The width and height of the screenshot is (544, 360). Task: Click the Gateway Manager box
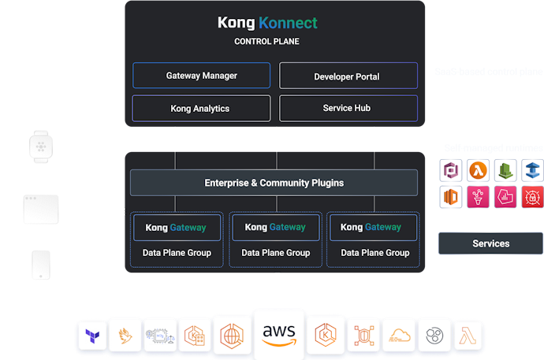coord(201,76)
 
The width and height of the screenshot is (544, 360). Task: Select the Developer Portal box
coord(346,76)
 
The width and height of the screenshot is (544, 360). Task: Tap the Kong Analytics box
coord(200,108)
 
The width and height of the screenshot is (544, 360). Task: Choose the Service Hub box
coord(346,108)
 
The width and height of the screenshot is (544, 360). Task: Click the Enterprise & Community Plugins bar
coord(274,183)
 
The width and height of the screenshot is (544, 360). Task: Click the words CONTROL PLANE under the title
coord(266,41)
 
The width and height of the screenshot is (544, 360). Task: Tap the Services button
coord(490,243)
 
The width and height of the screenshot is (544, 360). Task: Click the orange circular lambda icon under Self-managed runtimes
coord(477,169)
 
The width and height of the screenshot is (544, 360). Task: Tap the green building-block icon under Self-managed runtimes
coord(505,169)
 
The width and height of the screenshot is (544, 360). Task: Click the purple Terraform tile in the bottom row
coord(91,335)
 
